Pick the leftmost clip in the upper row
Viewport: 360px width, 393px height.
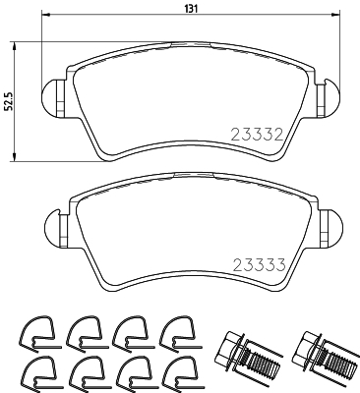coord(36,333)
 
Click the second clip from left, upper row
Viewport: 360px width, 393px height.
coord(84,333)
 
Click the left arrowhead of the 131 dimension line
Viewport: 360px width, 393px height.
coord(49,18)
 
